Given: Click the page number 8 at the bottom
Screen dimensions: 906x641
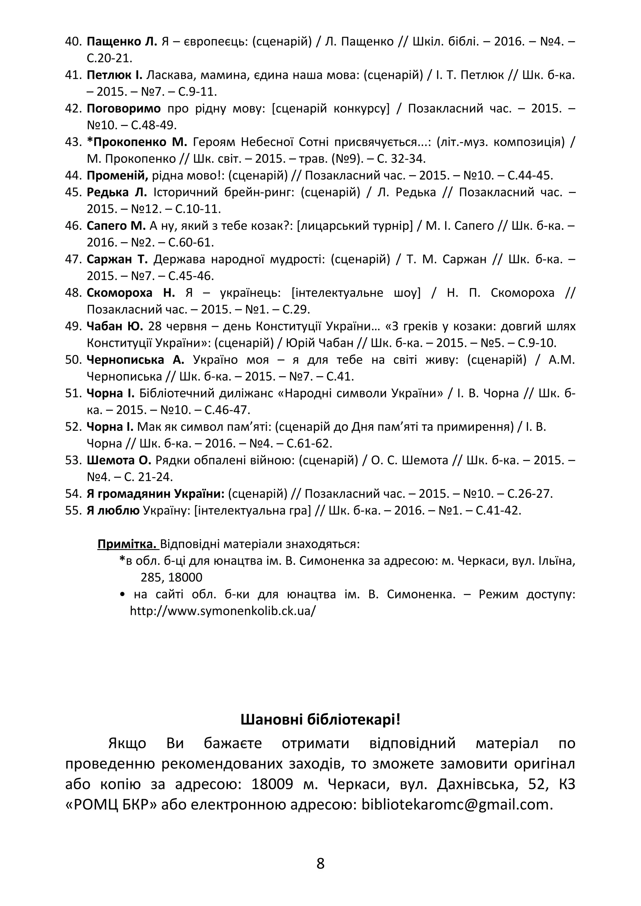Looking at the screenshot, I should point(320,863).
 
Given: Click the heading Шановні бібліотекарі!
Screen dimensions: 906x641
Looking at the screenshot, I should point(320,719).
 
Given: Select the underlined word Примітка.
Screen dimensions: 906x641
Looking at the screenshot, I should point(127,544).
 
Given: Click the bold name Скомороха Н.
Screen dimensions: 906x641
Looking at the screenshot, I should point(130,293).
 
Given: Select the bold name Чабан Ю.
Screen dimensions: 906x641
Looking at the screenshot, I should point(115,327).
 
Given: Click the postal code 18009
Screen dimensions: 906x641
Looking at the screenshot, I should point(272,784).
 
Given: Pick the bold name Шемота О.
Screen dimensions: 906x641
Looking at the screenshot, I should point(119,460).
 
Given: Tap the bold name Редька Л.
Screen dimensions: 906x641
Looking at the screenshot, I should point(116,192).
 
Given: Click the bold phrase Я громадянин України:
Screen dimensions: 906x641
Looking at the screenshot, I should point(156,494).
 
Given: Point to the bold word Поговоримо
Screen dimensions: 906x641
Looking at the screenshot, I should point(124,109).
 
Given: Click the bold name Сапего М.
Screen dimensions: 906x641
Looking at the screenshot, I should point(116,226).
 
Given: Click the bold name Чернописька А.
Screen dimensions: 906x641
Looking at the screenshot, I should point(135,360).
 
